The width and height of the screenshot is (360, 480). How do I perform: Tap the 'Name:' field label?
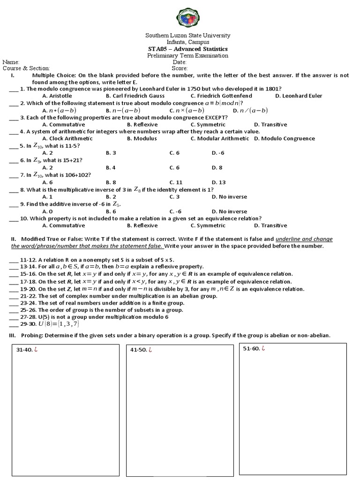(x=11, y=62)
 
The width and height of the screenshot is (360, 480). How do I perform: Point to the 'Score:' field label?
(x=180, y=68)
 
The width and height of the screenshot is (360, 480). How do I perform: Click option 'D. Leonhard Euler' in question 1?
(x=299, y=96)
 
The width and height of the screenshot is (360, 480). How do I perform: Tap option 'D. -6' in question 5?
(x=218, y=153)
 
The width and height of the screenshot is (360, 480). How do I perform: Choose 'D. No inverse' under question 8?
(x=229, y=197)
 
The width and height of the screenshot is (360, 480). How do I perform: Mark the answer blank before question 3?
(x=14, y=118)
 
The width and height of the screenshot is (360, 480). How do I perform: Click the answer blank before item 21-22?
(x=14, y=296)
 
